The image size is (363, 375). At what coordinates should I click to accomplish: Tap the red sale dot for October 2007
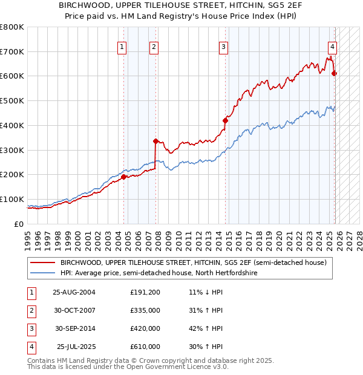[x=156, y=141]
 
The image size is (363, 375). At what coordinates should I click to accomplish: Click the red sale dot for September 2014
[x=225, y=120]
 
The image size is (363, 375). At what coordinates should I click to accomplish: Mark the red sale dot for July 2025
[x=335, y=73]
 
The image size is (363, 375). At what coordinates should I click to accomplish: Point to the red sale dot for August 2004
[x=124, y=177]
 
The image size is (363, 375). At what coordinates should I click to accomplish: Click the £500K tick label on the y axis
[x=12, y=101]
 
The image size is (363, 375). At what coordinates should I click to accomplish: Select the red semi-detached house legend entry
[x=193, y=263]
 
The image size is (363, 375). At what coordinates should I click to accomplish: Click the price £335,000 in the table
[x=145, y=310]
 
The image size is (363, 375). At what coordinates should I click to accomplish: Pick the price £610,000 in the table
[x=145, y=347]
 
